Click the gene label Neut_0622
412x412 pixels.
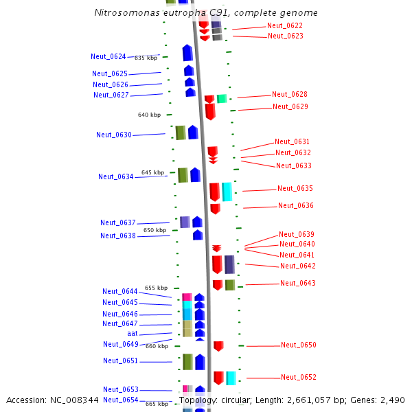[x=284, y=25]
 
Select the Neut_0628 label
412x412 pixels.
[x=290, y=94]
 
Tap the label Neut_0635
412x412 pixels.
[x=295, y=188]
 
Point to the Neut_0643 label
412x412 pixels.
[x=298, y=283]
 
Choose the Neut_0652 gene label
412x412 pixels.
[x=299, y=377]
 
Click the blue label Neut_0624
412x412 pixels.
[x=108, y=56]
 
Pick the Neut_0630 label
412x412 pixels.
[x=114, y=135]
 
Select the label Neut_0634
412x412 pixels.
[x=116, y=176]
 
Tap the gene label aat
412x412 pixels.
[x=133, y=333]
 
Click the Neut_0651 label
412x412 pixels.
[x=121, y=360]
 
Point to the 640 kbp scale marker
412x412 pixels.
[x=149, y=115]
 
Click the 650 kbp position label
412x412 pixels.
[x=154, y=230]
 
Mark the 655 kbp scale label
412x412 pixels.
[x=156, y=288]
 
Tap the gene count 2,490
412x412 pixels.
[x=391, y=400]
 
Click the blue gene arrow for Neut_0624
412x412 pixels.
[x=187, y=53]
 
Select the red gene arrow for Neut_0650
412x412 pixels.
[x=218, y=346]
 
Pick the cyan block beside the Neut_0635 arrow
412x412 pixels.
[x=227, y=192]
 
